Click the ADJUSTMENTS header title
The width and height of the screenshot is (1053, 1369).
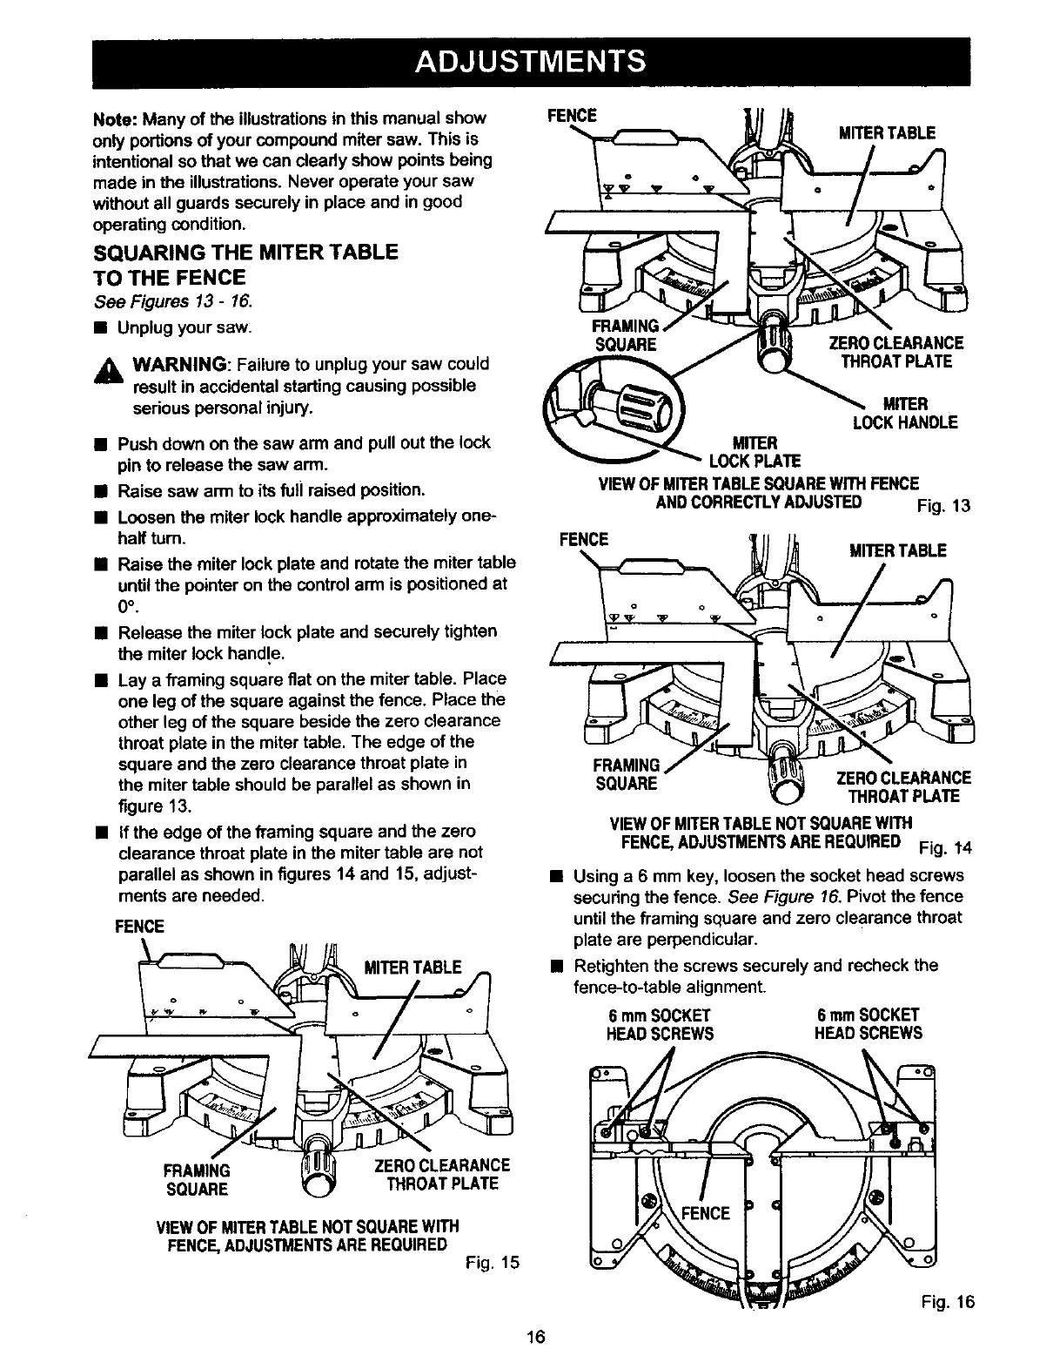531,63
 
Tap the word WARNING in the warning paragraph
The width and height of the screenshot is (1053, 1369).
180,363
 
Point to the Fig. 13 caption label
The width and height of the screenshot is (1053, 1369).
943,507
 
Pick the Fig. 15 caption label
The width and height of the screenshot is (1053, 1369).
493,1260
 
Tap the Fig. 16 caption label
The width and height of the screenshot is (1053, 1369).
950,1302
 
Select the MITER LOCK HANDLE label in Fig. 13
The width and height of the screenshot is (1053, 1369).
905,414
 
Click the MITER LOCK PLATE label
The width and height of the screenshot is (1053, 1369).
754,452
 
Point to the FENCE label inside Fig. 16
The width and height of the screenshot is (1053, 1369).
705,1213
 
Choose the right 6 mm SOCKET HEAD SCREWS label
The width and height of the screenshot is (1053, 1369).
868,1024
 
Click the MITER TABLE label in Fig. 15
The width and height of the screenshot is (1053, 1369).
412,968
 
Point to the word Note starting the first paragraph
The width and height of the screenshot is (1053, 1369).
114,118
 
